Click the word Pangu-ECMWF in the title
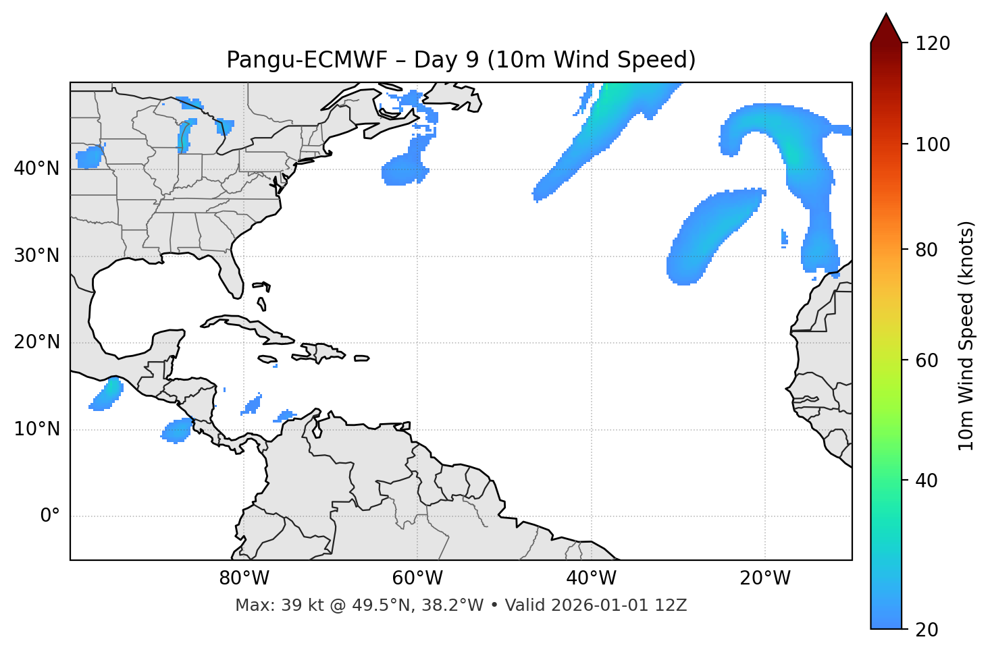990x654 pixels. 307,60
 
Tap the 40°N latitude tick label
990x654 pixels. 36,169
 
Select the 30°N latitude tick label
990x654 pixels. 36,256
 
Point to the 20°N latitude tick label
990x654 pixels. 36,342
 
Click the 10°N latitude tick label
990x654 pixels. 36,429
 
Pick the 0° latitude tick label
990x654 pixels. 50,516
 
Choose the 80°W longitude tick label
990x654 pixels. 244,578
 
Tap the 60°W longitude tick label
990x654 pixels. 417,578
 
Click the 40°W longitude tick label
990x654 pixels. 591,578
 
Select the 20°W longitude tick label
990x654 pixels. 764,578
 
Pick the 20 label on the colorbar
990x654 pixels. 927,630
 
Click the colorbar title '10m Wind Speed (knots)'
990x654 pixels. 966,335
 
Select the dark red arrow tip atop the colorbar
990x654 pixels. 885,27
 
